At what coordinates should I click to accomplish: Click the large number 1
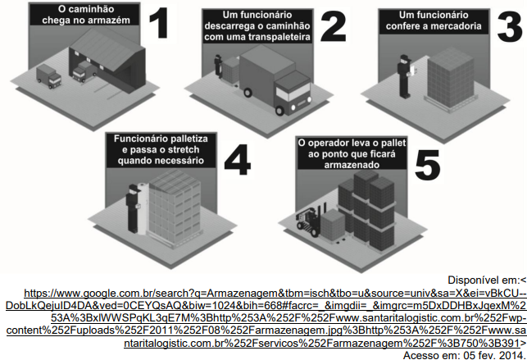158,22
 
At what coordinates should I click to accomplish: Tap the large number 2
333,27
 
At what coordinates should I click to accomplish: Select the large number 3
510,27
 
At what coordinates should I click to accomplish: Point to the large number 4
238,159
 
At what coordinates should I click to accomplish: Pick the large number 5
428,165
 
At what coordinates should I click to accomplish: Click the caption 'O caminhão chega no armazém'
86,15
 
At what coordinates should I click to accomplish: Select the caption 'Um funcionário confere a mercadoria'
434,21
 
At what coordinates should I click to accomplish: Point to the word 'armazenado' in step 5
352,165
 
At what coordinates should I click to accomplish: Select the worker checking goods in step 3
404,76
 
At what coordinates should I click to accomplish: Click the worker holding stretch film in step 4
134,208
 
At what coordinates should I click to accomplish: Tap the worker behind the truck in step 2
219,66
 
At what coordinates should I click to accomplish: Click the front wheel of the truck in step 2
279,110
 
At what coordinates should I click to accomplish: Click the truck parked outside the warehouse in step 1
49,76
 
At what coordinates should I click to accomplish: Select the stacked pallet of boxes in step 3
452,78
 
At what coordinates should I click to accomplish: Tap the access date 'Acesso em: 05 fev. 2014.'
465,355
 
